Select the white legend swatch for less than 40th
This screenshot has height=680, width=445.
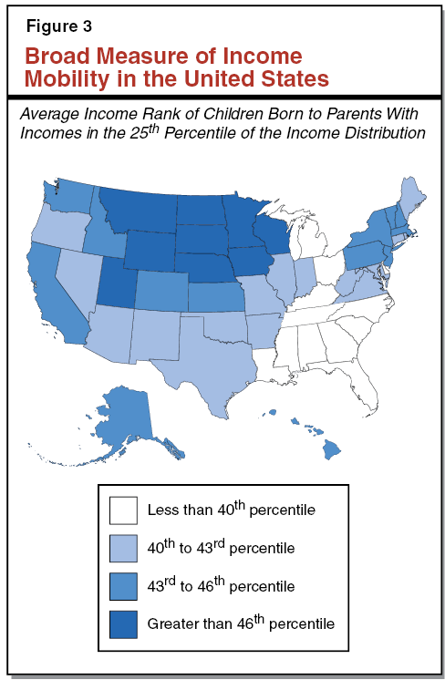pyautogui.click(x=123, y=509)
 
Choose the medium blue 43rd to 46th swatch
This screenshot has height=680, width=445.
pyautogui.click(x=123, y=585)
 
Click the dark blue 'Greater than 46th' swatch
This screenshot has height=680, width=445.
pyautogui.click(x=123, y=623)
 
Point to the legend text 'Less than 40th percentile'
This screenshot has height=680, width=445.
pyautogui.click(x=231, y=509)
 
